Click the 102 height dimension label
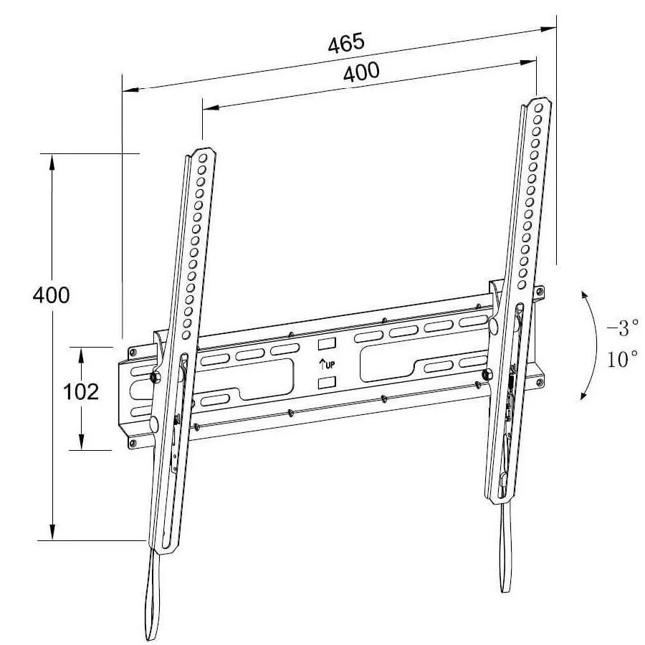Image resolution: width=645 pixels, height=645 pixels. coord(81,392)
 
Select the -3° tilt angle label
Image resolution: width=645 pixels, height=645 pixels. coord(621,329)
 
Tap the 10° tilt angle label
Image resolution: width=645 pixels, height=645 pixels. coord(622,359)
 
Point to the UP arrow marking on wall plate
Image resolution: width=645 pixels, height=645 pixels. coord(327,363)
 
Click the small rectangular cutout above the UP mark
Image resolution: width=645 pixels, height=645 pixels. coord(326,343)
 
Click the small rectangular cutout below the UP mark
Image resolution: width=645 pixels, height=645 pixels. coord(326,383)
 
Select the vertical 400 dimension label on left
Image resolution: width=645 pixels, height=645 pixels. coord(52,295)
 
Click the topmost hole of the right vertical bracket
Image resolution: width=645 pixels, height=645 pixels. coord(538,106)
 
